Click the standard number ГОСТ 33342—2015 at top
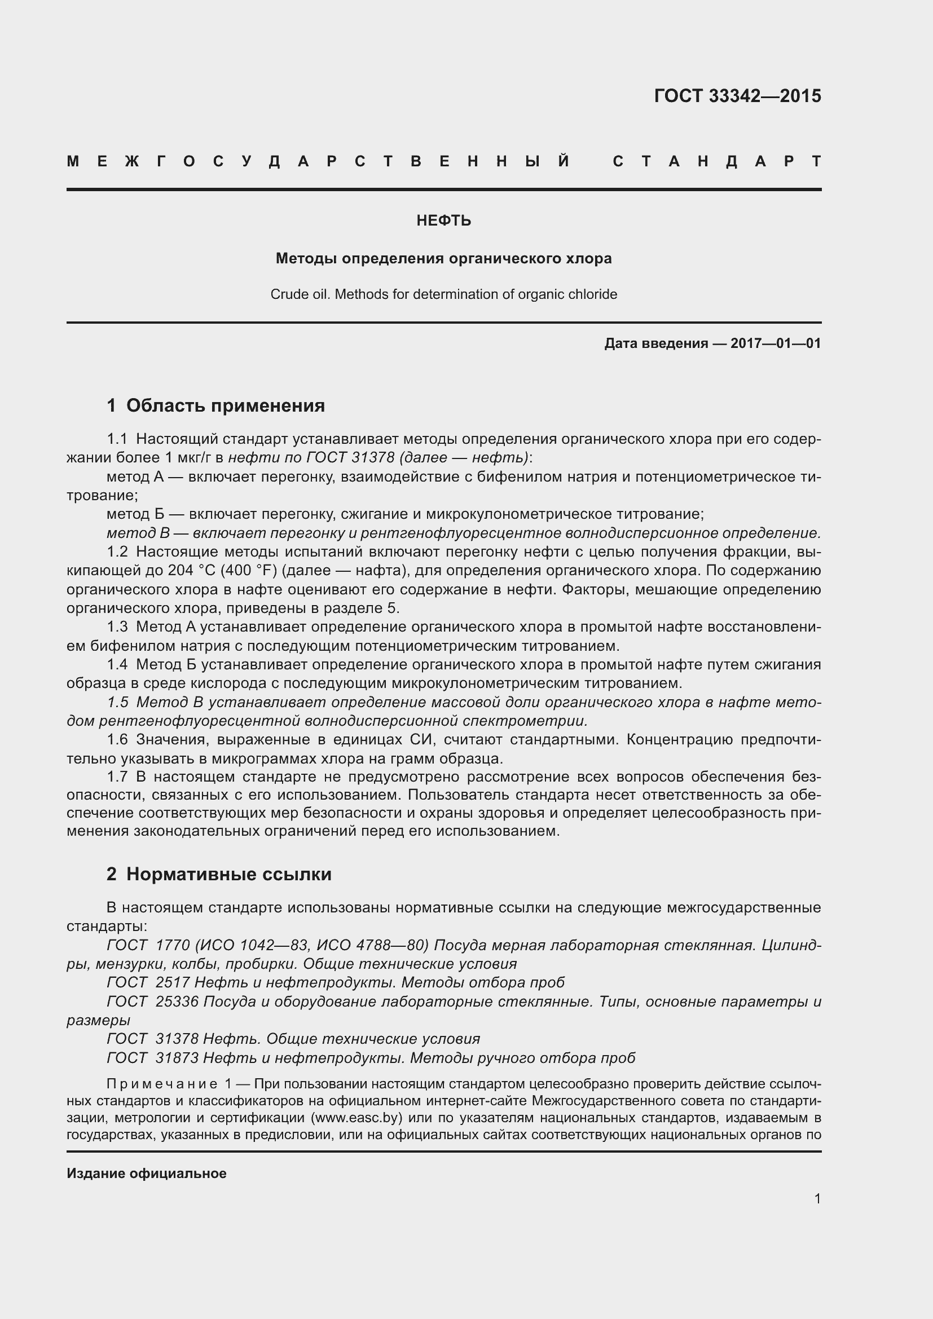coord(737,96)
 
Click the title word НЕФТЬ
coord(443,221)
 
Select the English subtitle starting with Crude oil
coord(443,295)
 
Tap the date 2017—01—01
coord(775,343)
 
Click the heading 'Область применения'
coord(225,405)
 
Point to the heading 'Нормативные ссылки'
coord(228,875)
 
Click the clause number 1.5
coord(118,702)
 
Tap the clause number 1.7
coord(117,777)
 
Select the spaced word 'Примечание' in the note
coord(162,1084)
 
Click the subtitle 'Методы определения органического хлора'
coord(443,258)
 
